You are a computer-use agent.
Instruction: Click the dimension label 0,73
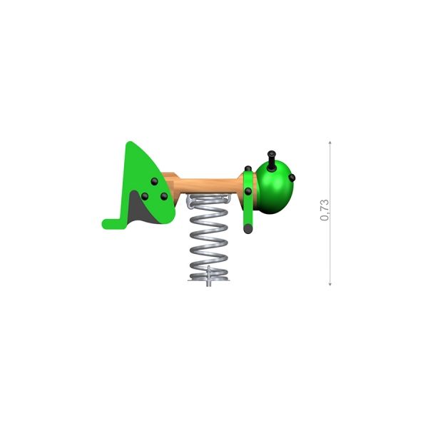[x=325, y=210]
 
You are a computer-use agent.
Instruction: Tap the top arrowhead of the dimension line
[x=330, y=143]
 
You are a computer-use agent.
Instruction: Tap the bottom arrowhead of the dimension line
[x=330, y=284]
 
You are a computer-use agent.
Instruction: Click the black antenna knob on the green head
[x=272, y=160]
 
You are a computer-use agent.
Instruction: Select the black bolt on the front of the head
[x=292, y=178]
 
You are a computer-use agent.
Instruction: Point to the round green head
[x=275, y=188]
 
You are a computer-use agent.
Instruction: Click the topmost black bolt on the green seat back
[x=155, y=181]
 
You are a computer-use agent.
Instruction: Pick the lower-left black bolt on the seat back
[x=145, y=196]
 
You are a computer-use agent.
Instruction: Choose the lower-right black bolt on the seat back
[x=164, y=196]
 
